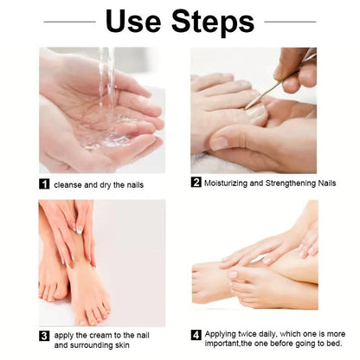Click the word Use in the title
pyautogui.click(x=136, y=22)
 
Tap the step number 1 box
pyautogui.click(x=44, y=184)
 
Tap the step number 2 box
pyautogui.click(x=196, y=183)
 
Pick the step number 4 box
pyautogui.click(x=196, y=333)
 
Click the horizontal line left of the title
pyautogui.click(x=68, y=21)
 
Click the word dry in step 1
pyautogui.click(x=111, y=184)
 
